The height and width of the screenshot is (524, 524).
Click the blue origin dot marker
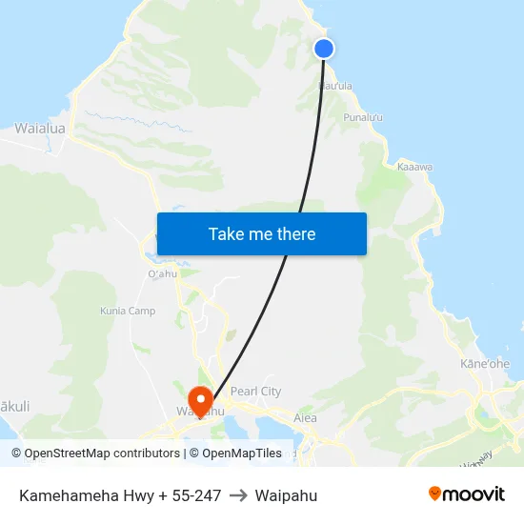pos(324,49)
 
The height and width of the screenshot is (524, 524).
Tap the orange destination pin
pos(200,398)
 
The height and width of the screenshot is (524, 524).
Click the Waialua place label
pos(39,128)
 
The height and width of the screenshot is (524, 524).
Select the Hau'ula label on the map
pos(335,86)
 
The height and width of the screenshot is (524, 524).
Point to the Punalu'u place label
pos(363,117)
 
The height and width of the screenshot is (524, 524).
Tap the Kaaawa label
pos(415,167)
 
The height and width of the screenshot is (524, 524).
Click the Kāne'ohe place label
pos(485,364)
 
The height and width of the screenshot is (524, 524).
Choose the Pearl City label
pos(256,391)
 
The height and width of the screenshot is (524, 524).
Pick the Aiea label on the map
pos(305,417)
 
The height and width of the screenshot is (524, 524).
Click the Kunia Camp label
pos(128,311)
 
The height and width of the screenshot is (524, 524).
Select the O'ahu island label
pos(163,274)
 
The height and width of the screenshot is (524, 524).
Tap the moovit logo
pos(467,494)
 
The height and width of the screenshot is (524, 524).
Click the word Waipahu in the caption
pos(286,495)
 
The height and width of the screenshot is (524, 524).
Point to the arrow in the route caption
pos(238,495)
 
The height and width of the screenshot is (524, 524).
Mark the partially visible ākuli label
pos(14,406)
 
